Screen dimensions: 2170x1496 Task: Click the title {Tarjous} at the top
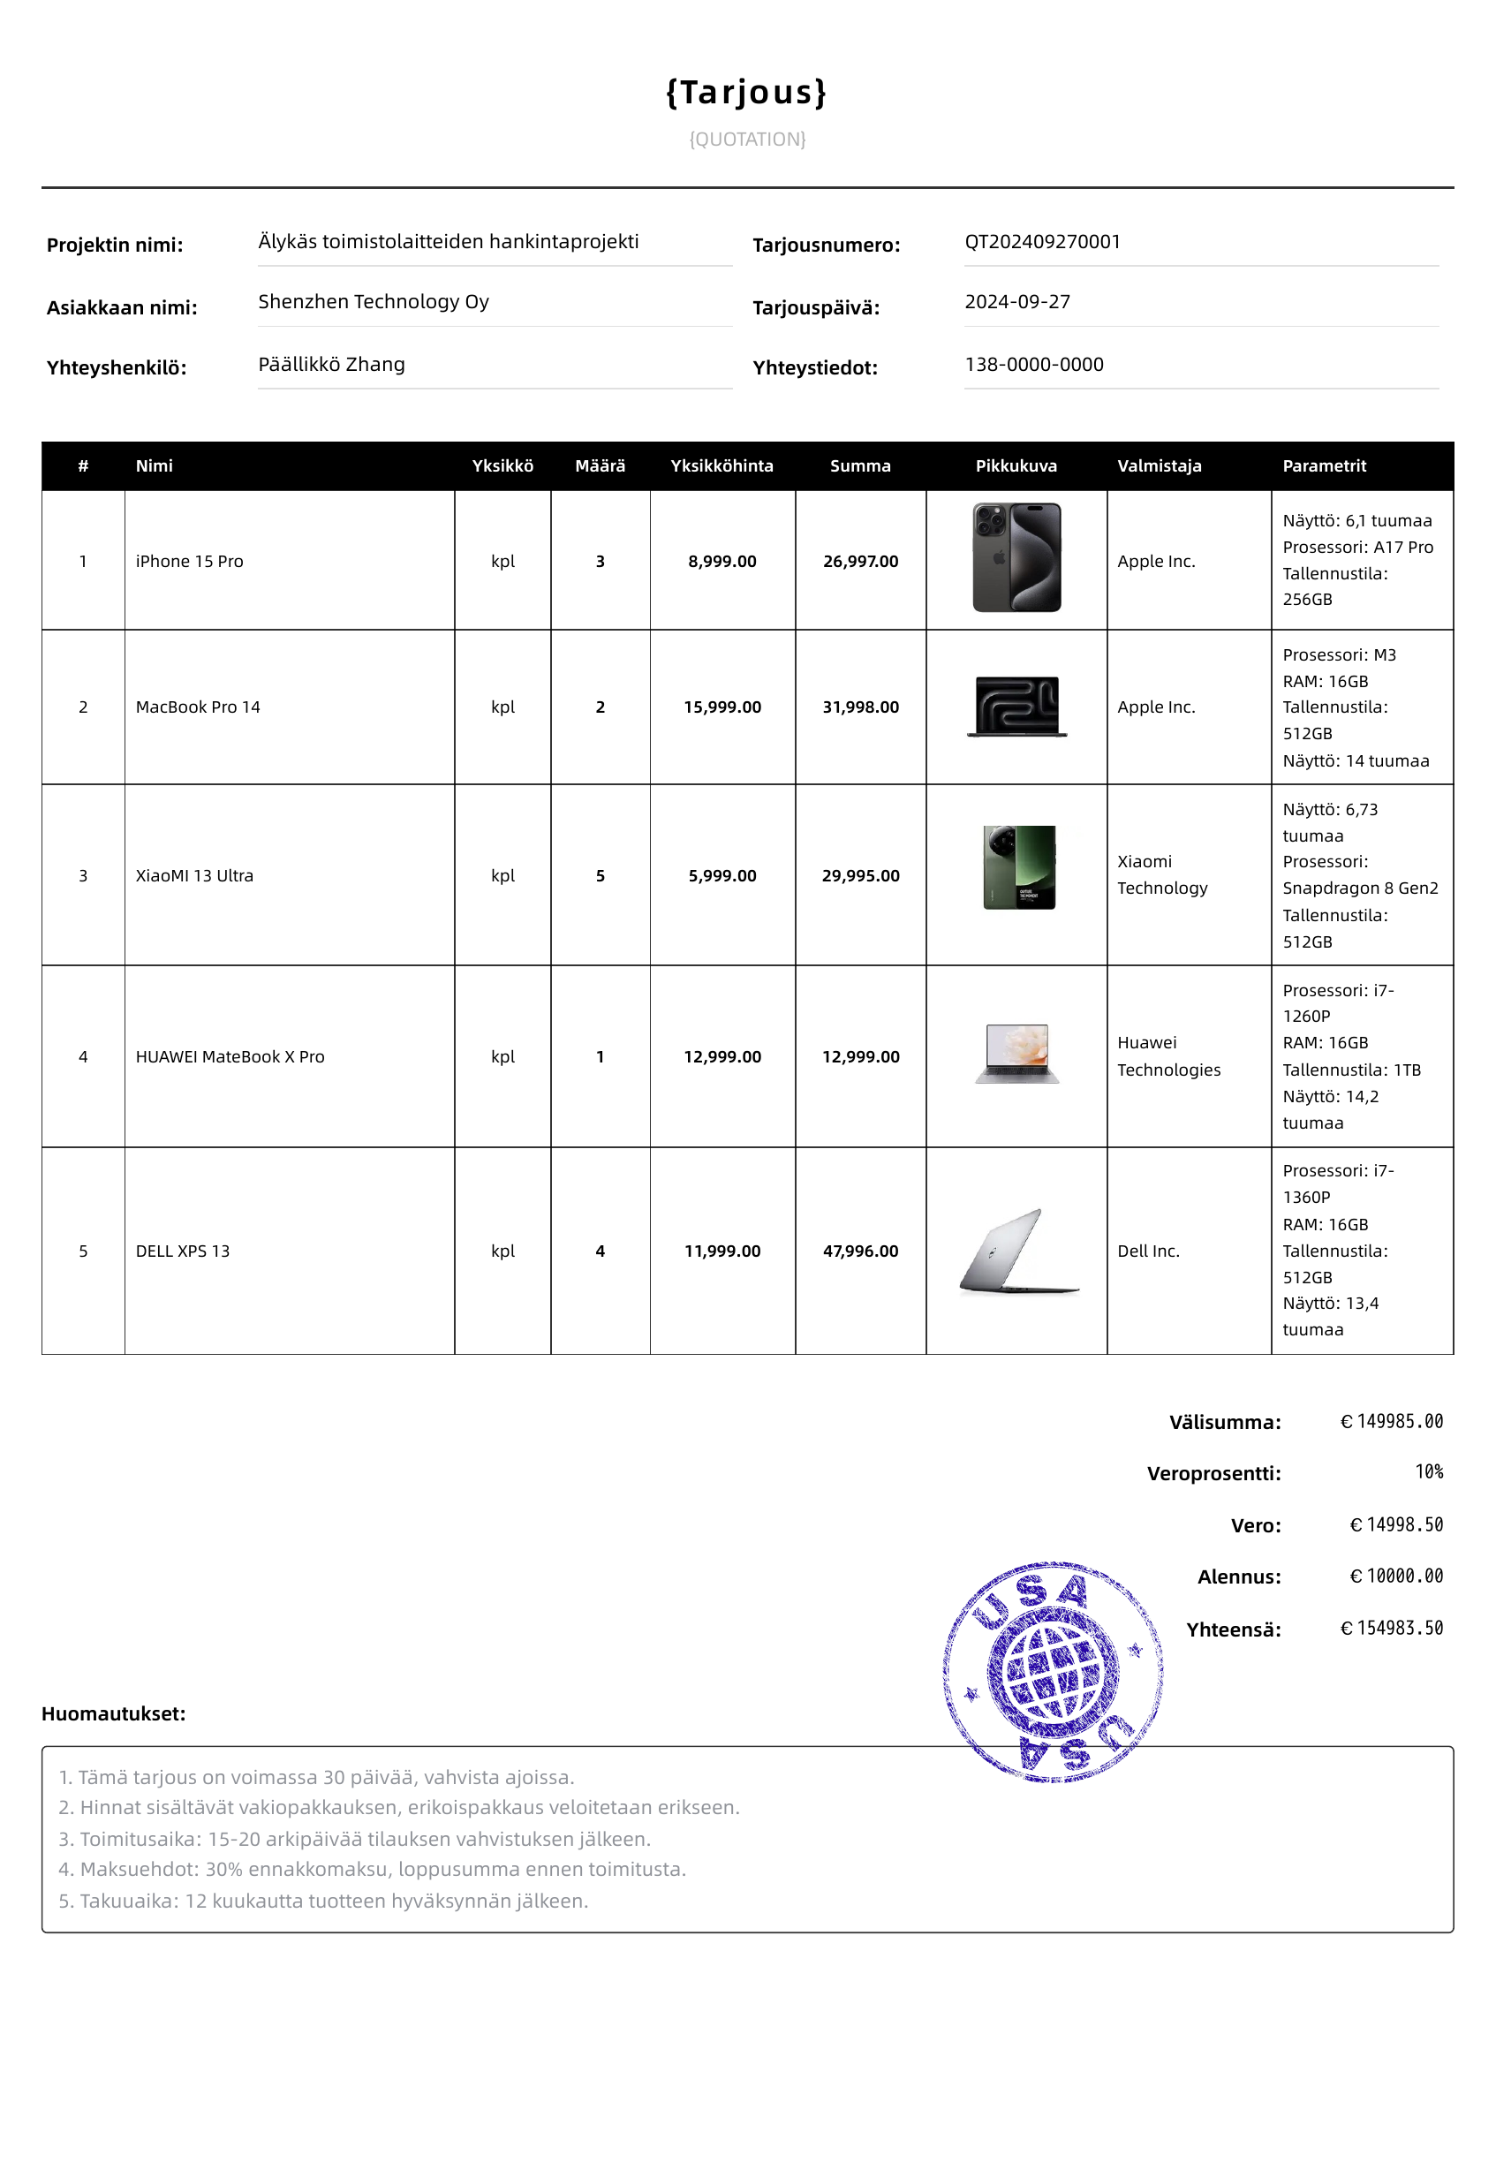point(746,92)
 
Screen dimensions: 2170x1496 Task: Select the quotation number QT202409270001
point(1041,242)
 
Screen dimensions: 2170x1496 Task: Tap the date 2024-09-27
point(1017,302)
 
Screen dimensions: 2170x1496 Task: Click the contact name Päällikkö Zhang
point(331,365)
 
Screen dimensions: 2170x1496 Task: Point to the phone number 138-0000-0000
point(1034,365)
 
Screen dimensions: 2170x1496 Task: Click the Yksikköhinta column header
point(722,465)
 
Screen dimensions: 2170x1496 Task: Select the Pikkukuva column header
point(1016,465)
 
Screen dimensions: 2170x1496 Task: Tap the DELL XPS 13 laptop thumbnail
point(1018,1251)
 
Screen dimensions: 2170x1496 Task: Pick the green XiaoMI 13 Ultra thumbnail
point(1019,867)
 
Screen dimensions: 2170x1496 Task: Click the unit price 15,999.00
point(722,707)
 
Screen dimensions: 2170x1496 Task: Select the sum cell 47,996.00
point(860,1251)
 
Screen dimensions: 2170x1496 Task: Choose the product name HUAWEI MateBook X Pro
point(230,1057)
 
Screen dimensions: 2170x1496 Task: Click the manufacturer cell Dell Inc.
point(1148,1251)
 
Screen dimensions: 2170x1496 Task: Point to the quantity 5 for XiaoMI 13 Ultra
point(600,875)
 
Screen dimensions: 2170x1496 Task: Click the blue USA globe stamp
point(1053,1670)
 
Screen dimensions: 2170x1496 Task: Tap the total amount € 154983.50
point(1391,1629)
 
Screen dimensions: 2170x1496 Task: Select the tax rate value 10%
point(1429,1472)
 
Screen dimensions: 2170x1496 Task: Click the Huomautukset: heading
point(113,1713)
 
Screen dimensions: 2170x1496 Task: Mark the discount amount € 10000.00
point(1395,1576)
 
